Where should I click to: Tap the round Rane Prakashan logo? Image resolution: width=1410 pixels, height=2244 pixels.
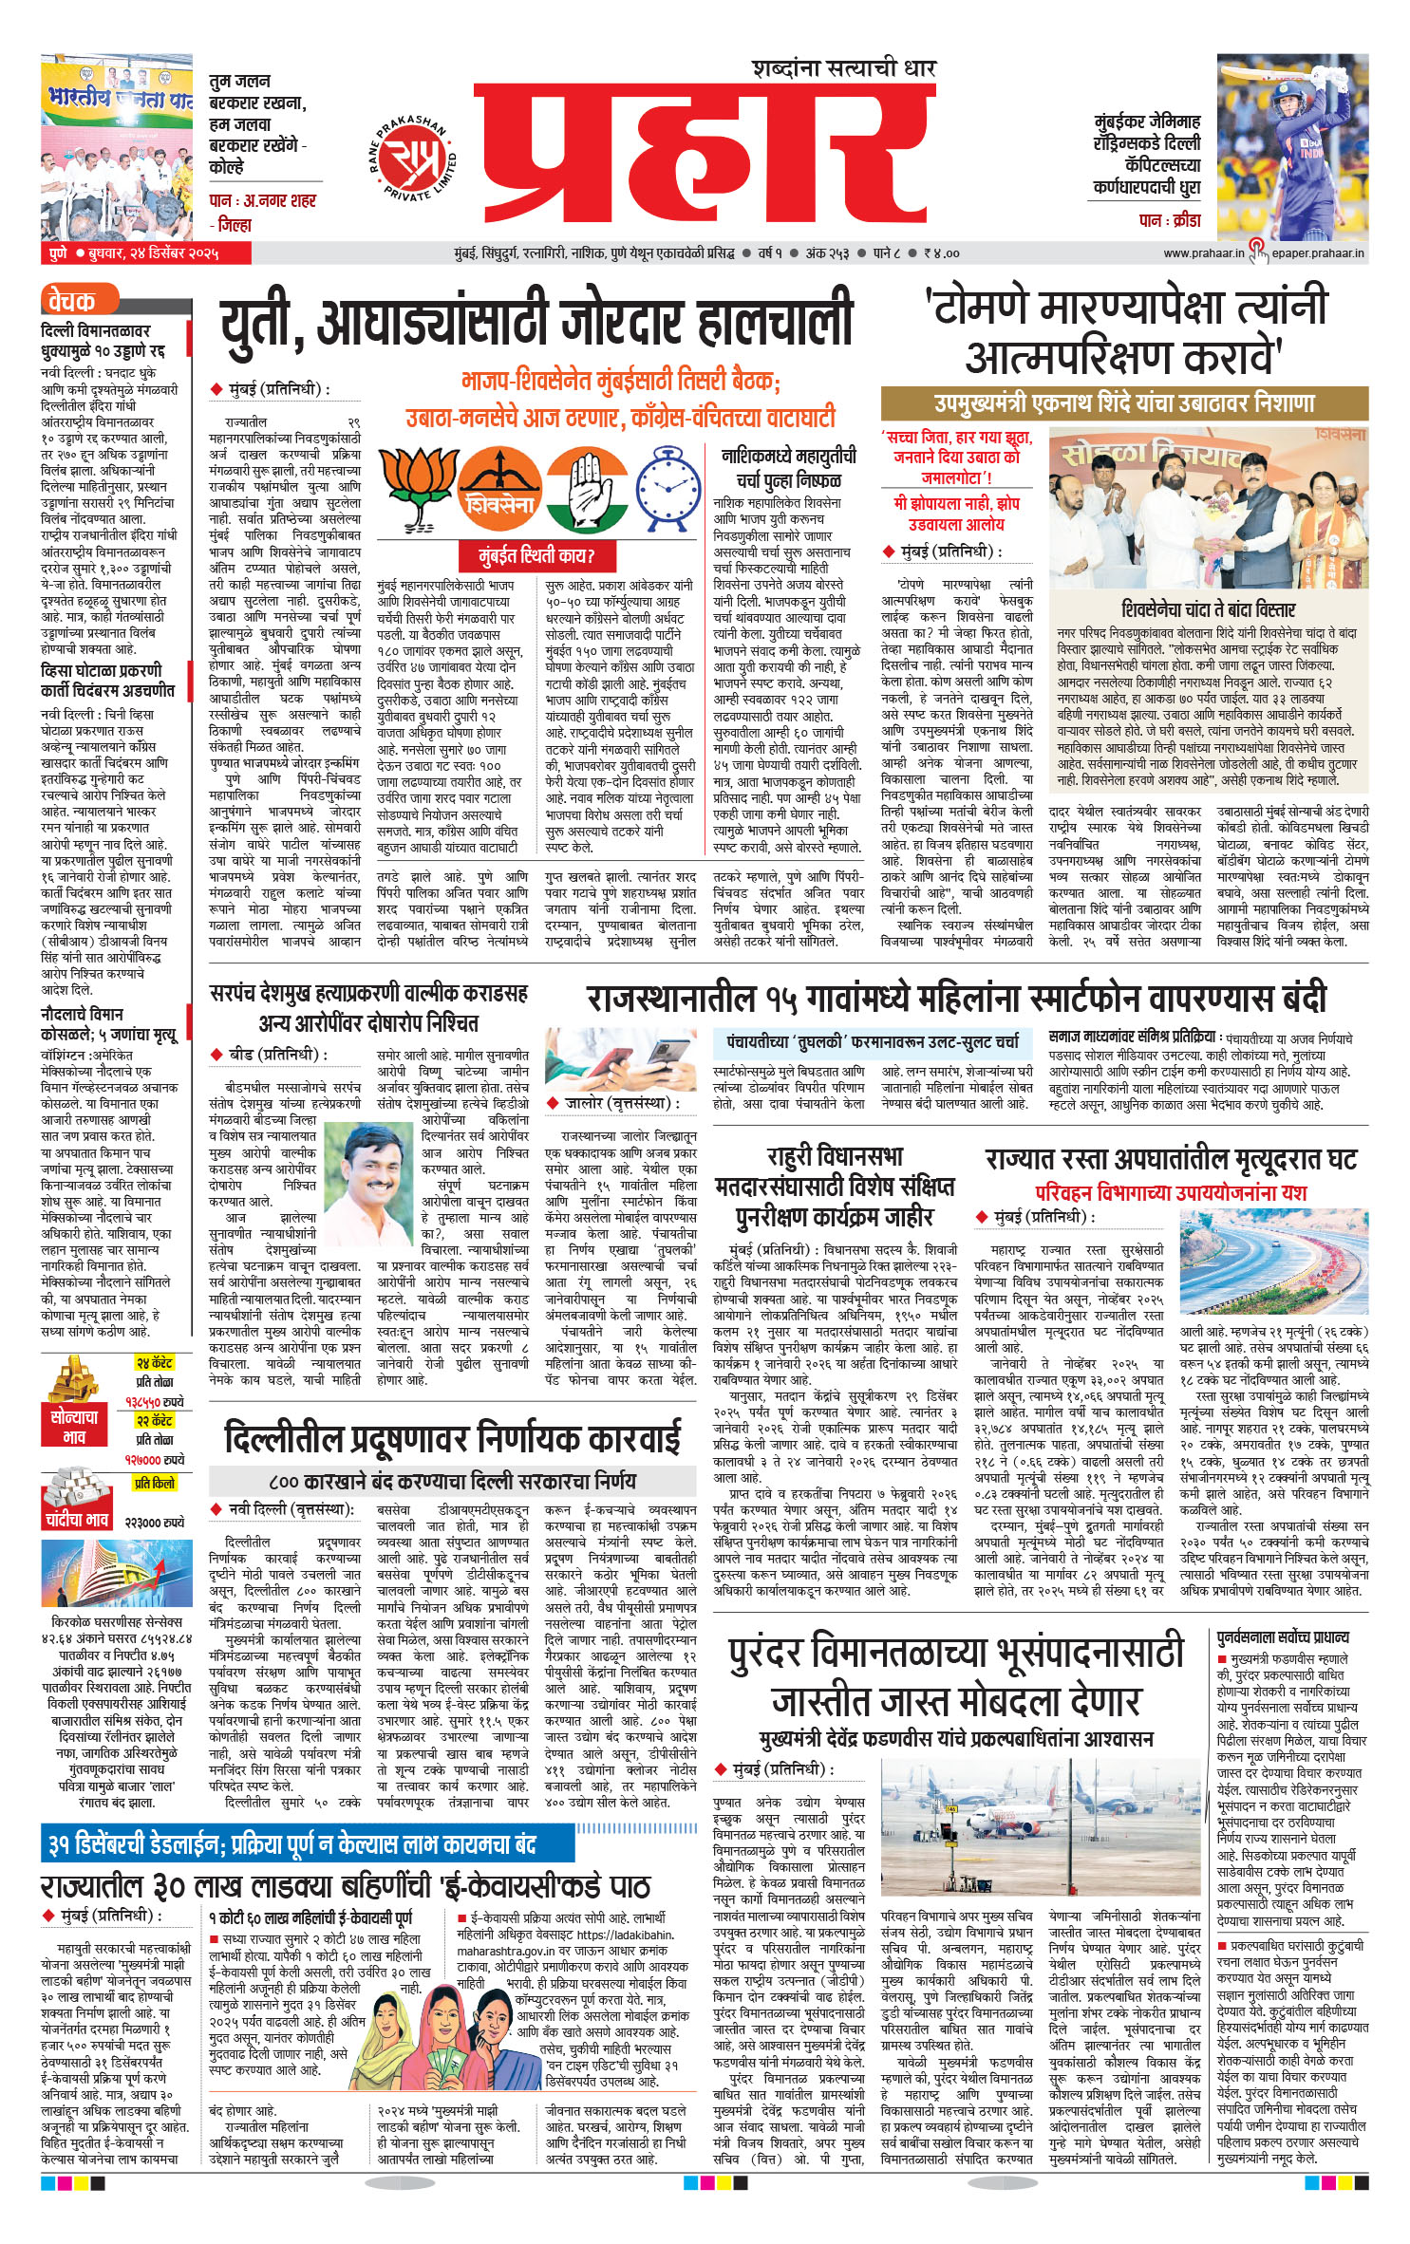[412, 157]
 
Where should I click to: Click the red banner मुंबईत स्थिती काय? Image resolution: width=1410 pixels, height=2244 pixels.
[536, 555]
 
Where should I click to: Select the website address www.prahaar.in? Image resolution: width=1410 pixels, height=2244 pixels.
[1203, 253]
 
